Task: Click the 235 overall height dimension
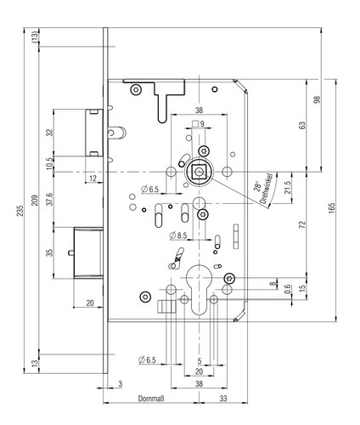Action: pos(20,211)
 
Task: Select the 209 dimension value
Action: pos(35,201)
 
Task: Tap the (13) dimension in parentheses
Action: pos(35,37)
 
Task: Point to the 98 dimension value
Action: pos(318,99)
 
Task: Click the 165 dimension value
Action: pos(332,208)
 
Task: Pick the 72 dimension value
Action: pos(302,224)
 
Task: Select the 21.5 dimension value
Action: pos(288,188)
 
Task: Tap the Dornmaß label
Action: pos(151,399)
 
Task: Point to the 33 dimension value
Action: pos(223,399)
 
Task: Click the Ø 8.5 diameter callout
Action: pos(178,235)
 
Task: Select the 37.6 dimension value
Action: pos(50,199)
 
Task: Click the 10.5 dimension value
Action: pos(50,163)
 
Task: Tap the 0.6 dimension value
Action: pos(288,289)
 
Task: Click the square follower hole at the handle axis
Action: pos(200,172)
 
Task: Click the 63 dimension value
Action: pos(302,125)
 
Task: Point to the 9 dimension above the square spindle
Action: pos(202,124)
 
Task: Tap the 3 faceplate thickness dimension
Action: pos(121,384)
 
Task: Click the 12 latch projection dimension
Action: pos(93,178)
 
